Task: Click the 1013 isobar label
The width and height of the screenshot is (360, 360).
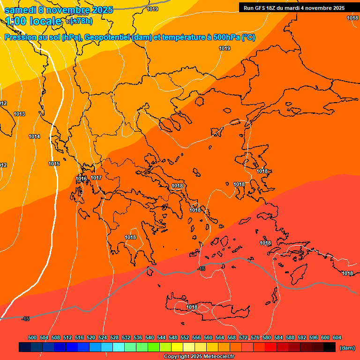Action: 19,114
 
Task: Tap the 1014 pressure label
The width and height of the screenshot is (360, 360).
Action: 34,137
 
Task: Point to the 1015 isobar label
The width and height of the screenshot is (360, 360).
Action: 54,164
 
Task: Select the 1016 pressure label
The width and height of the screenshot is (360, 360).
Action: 81,179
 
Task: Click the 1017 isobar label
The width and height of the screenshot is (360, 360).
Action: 96,178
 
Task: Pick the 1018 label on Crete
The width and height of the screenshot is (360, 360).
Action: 192,307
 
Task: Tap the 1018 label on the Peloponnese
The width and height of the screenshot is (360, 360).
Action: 130,237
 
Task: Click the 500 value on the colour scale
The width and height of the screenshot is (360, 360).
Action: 32,337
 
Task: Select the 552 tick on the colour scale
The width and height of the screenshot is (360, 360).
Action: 185,337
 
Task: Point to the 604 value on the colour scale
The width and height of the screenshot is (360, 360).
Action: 337,337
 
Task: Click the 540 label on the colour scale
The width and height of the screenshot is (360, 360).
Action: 150,337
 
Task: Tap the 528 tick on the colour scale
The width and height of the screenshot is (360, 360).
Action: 114,337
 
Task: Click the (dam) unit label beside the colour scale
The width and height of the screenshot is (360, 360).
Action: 347,347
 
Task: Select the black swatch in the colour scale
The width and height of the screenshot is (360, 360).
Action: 330,347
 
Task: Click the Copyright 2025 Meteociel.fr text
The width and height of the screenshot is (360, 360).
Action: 199,357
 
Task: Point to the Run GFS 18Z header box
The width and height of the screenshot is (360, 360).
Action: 294,8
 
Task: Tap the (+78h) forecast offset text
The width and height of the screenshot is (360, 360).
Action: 81,21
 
